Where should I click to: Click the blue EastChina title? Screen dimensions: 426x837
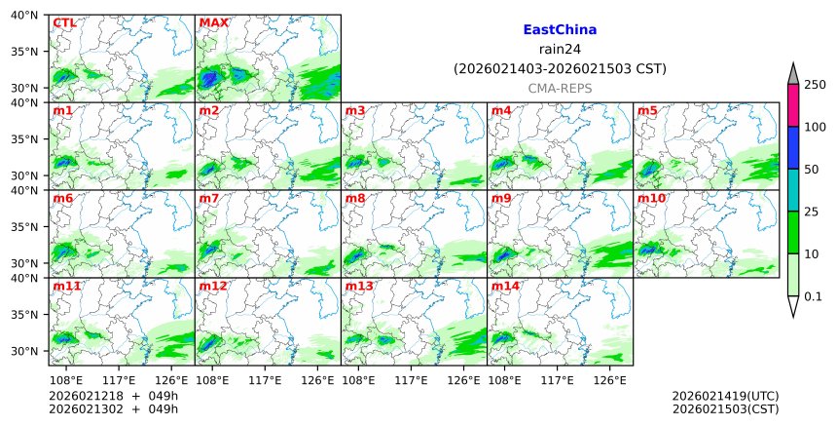pos(560,30)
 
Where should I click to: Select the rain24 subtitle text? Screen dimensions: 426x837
pos(560,50)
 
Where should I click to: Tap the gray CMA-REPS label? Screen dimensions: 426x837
pos(560,89)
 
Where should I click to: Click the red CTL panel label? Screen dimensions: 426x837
pos(64,22)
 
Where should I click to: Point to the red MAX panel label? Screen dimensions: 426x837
pos(213,22)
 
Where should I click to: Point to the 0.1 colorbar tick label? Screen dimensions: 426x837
pos(813,295)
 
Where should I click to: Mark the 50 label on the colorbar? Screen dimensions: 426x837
pos(811,170)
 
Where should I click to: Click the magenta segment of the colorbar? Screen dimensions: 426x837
pos(793,105)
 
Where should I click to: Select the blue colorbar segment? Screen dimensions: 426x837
pos(793,148)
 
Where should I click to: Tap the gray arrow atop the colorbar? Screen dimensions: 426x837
pos(793,74)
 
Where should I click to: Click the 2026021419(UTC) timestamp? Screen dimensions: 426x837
pos(725,396)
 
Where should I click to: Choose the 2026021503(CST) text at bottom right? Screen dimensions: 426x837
pos(725,409)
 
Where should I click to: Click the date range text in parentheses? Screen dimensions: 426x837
pos(560,69)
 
